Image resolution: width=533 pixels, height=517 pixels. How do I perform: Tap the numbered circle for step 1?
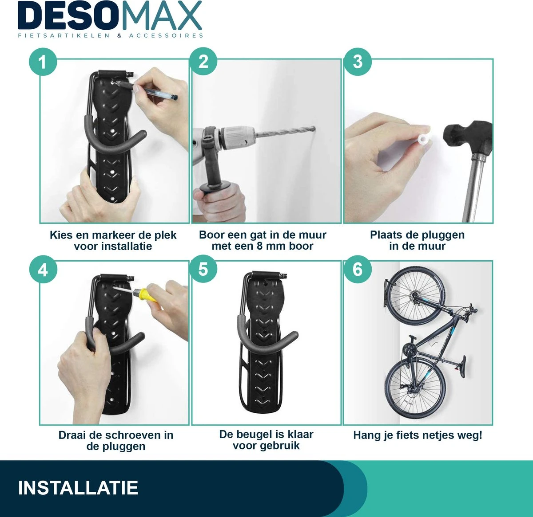(x=43, y=62)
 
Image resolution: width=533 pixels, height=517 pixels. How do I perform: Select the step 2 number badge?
(x=203, y=62)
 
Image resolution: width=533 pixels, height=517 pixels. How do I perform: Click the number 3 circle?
(x=358, y=62)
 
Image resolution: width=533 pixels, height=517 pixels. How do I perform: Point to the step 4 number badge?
(x=43, y=270)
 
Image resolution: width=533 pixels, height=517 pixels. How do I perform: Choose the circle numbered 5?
(x=203, y=270)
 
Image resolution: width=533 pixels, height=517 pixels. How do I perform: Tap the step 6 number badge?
(x=358, y=270)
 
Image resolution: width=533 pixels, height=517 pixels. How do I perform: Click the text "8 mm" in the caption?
(x=271, y=246)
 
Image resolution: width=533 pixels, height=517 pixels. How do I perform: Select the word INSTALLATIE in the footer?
(x=78, y=488)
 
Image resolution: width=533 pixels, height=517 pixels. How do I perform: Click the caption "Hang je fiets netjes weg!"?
(x=417, y=435)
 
